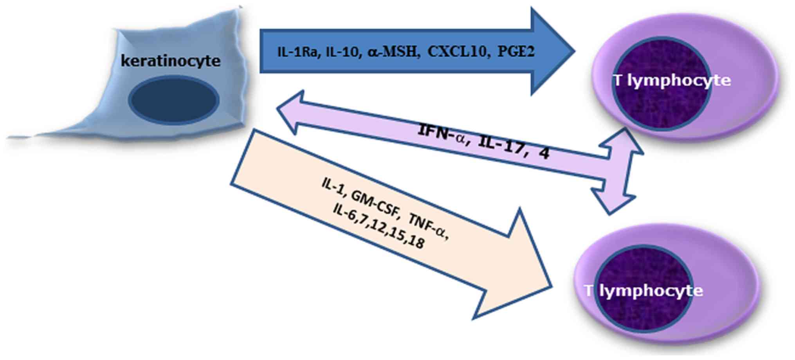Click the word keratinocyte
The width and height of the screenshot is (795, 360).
pyautogui.click(x=170, y=61)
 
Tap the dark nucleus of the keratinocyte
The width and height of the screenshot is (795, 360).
pyautogui.click(x=174, y=100)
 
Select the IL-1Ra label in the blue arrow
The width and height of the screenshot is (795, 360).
pyautogui.click(x=297, y=52)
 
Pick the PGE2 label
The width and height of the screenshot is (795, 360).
pyautogui.click(x=516, y=52)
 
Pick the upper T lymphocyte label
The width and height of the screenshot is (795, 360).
pyautogui.click(x=672, y=81)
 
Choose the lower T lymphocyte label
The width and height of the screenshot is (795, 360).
pyautogui.click(x=644, y=291)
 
